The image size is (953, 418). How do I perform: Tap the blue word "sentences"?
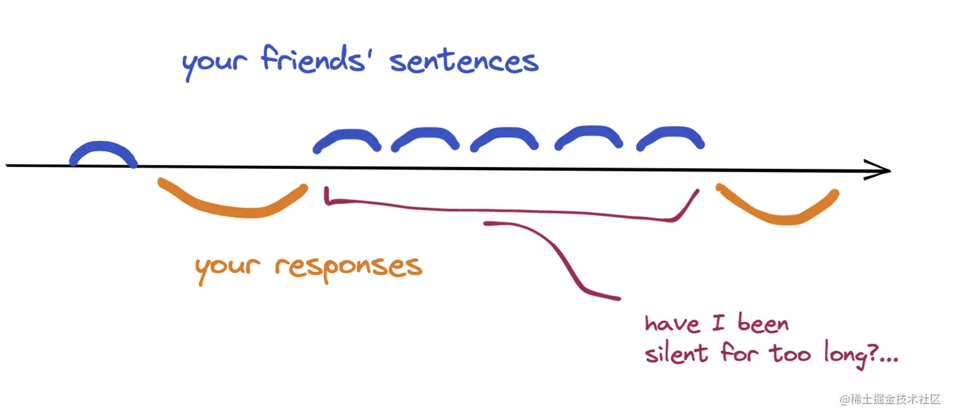464,62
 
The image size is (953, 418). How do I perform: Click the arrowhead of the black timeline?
879,170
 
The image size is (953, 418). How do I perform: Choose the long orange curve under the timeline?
233,205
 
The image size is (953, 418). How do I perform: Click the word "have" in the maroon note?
672,324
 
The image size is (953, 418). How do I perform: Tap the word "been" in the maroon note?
763,324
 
